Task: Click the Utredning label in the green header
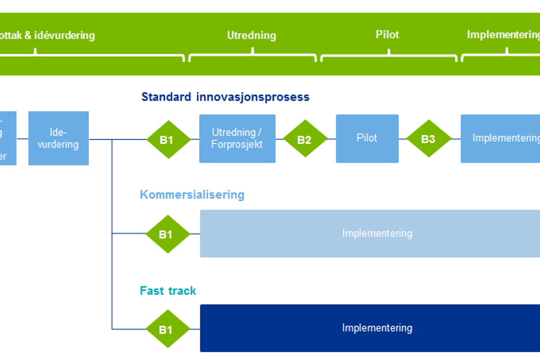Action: point(251,36)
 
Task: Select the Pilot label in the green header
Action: point(387,35)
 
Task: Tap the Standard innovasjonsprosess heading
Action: point(225,97)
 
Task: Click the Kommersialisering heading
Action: point(192,195)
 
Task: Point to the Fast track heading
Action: point(168,291)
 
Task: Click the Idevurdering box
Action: point(59,138)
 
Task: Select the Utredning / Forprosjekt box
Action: point(237,138)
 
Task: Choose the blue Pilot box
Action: point(367,138)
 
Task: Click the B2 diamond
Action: point(305,139)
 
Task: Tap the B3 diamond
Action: point(428,139)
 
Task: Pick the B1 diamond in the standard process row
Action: point(167,139)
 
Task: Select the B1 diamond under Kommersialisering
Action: point(166,234)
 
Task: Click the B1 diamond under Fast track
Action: point(166,329)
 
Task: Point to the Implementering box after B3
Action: point(500,138)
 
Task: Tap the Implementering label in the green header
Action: point(503,35)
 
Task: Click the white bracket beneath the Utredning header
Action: point(252,55)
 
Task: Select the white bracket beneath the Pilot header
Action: point(389,55)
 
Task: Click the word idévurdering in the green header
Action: point(65,36)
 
